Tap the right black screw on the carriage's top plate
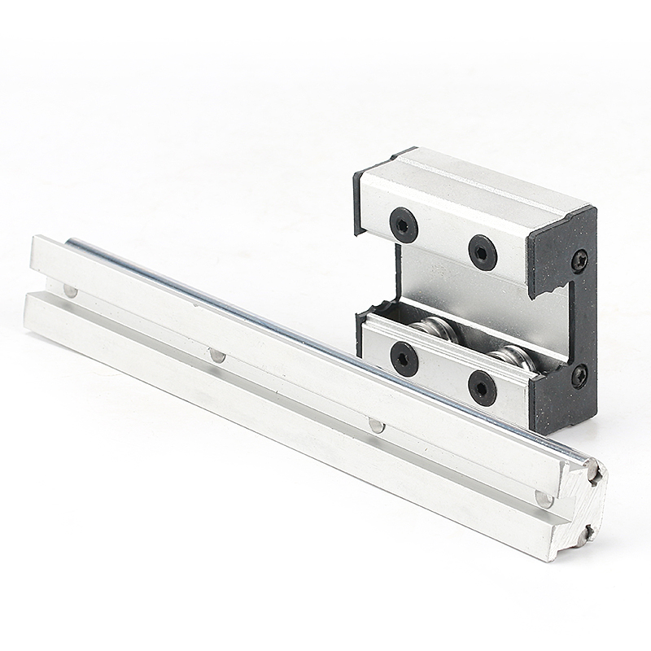pyautogui.click(x=482, y=251)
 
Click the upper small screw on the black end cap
pyautogui.click(x=580, y=258)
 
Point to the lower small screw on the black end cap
pyautogui.click(x=579, y=376)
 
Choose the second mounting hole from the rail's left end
pyautogui.click(x=216, y=354)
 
